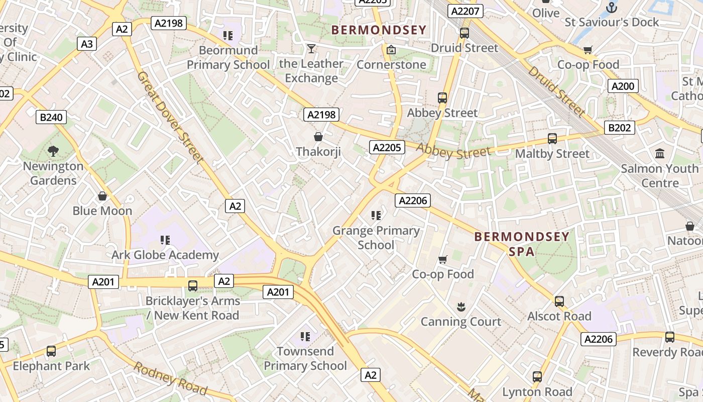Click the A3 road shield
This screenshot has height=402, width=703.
[87, 44]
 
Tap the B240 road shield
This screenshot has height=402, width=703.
[51, 118]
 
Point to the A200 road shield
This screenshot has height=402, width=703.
[623, 86]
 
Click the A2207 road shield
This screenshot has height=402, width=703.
[466, 11]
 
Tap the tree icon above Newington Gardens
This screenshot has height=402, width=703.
[53, 151]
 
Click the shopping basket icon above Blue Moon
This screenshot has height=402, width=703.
[102, 196]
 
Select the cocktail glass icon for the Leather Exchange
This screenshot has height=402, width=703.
[311, 49]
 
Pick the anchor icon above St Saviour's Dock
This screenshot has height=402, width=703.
[611, 7]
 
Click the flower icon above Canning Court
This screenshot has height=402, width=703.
[460, 307]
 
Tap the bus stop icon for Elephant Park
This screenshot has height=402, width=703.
[51, 351]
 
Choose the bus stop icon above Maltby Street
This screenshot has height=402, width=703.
[552, 139]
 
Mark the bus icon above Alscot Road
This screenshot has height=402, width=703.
[559, 301]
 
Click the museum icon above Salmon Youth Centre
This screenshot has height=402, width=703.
[660, 153]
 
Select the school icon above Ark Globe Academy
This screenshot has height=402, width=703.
[165, 240]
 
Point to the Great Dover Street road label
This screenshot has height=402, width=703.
[171, 118]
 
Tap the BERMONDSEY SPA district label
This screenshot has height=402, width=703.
[522, 244]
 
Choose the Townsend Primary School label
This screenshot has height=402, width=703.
[305, 358]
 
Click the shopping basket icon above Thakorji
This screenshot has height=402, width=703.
[318, 137]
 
